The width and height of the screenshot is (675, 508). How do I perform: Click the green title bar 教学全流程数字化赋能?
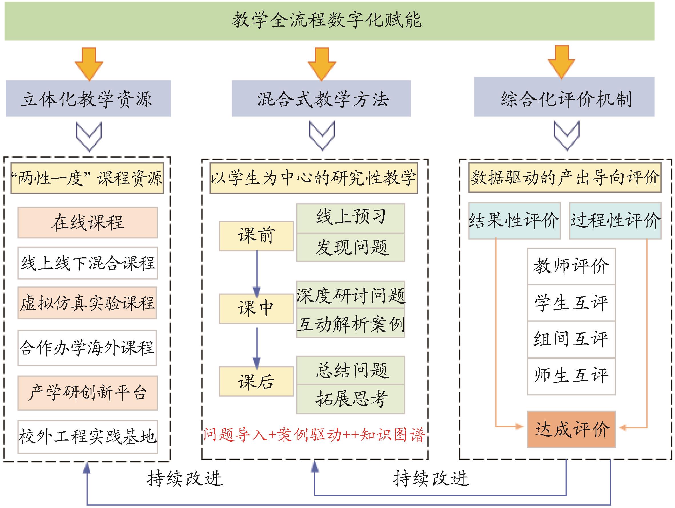click(x=329, y=21)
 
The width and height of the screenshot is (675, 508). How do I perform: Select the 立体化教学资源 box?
click(x=88, y=99)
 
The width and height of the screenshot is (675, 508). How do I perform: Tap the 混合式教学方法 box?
click(x=321, y=99)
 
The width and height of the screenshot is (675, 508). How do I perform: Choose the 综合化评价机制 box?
click(x=564, y=97)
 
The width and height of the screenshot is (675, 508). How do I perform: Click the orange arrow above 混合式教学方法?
click(x=321, y=63)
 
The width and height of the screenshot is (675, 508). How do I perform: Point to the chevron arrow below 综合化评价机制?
click(x=566, y=136)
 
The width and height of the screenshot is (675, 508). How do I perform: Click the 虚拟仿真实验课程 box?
click(x=87, y=303)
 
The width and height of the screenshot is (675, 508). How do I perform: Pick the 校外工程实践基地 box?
click(x=87, y=437)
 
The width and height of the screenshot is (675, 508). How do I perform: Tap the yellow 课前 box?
click(x=256, y=236)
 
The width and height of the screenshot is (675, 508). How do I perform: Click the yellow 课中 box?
click(x=256, y=308)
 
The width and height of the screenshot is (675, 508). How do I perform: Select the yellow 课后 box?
click(x=256, y=381)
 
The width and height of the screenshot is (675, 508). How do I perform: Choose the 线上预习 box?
click(x=351, y=218)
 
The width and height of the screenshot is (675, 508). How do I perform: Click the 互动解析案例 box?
click(x=351, y=324)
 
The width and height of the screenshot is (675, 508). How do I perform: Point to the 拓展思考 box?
click(x=351, y=399)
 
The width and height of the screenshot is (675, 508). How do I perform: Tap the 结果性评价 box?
click(x=514, y=220)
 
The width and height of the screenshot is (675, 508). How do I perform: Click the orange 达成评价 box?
click(x=571, y=429)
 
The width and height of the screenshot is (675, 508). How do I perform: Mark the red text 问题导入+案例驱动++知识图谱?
click(x=314, y=435)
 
